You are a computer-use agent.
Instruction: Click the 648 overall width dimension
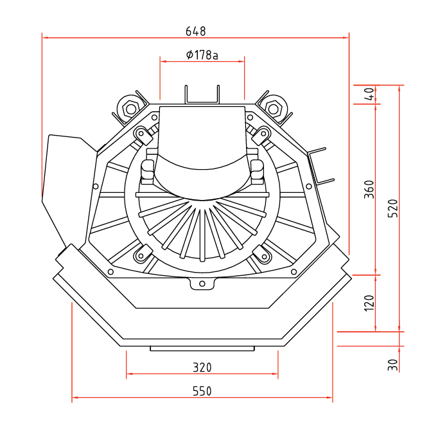196,31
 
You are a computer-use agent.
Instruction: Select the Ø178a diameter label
202,55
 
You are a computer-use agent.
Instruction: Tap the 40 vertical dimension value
371,94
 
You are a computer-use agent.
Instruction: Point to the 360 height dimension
369,189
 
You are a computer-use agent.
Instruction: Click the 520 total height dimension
393,208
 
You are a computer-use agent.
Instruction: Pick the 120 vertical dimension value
369,303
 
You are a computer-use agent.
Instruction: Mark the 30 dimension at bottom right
393,365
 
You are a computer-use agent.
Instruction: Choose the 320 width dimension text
202,368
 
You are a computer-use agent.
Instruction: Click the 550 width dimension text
202,391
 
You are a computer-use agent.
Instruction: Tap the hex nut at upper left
130,109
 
